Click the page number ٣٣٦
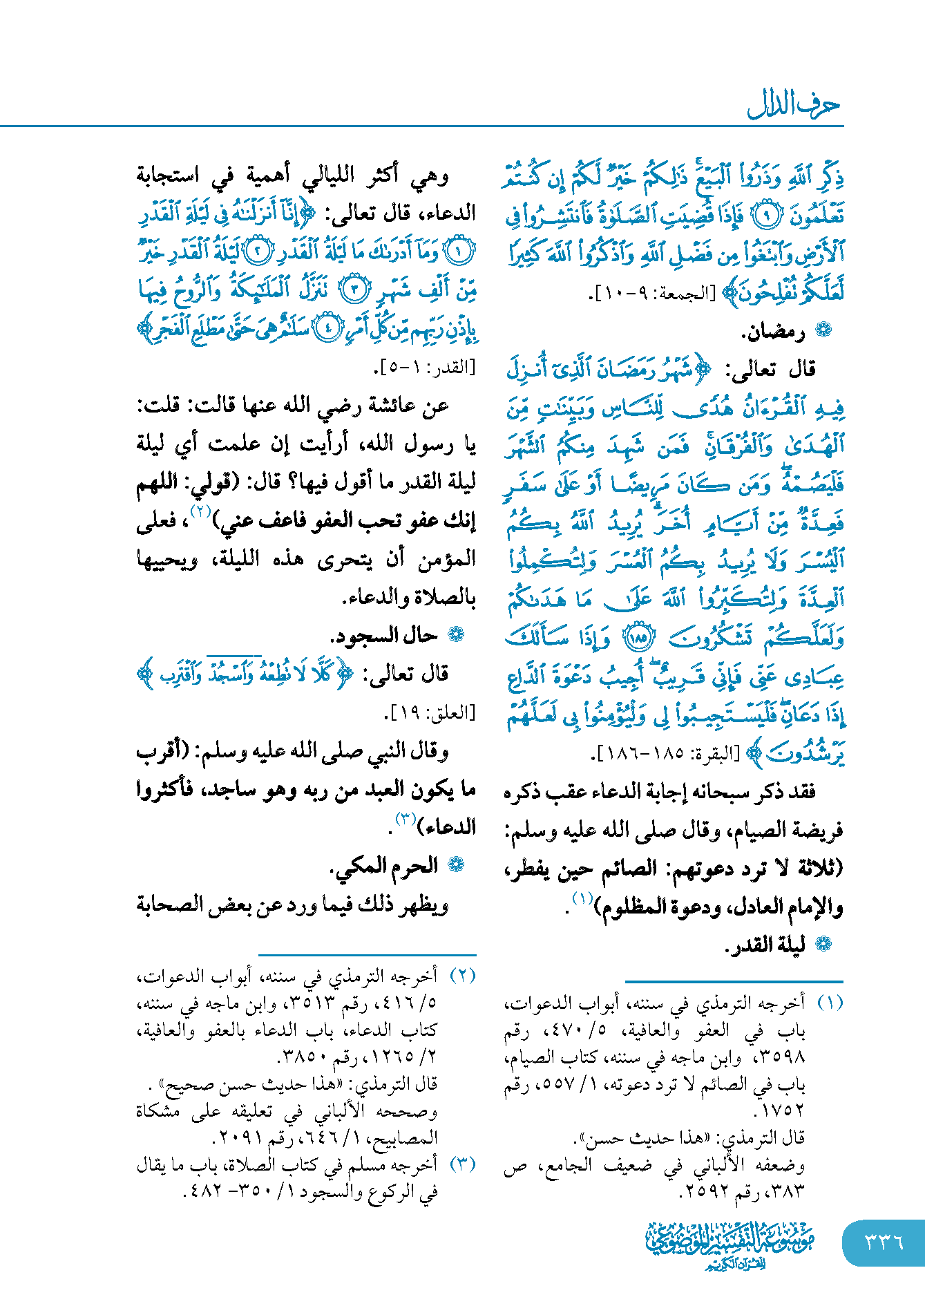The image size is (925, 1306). click(x=884, y=1242)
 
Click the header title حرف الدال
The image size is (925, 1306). click(x=794, y=106)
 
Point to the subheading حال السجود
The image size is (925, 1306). click(x=384, y=635)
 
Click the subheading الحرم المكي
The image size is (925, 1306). click(x=385, y=865)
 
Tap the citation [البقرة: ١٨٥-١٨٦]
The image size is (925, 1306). click(x=665, y=753)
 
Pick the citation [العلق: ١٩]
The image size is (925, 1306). click(x=430, y=712)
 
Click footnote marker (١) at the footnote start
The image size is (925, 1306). click(x=829, y=1003)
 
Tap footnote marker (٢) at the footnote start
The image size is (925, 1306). click(x=462, y=975)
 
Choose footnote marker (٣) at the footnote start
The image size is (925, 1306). click(x=462, y=1164)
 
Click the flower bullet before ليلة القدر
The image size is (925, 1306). click(x=823, y=945)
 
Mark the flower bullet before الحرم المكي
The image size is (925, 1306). click(x=456, y=865)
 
